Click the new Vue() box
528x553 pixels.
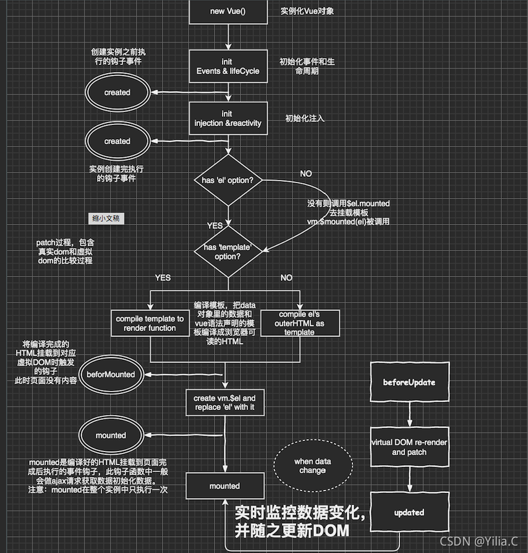pos(228,11)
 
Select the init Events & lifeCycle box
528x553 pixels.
pos(228,66)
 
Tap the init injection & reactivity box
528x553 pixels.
pos(228,118)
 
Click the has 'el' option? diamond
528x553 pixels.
pos(228,180)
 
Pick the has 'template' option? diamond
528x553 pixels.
pos(228,251)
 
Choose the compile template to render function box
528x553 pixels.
pos(150,324)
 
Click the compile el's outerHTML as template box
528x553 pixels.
pos(300,324)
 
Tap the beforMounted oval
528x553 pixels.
pos(111,374)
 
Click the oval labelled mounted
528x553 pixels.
pos(111,435)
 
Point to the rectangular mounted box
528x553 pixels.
pos(224,486)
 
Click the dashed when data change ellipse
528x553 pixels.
pos(312,466)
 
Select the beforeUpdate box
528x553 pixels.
pos(409,382)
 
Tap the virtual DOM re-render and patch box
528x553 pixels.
pos(409,447)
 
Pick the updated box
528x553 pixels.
pos(409,512)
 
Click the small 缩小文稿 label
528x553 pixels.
pos(106,218)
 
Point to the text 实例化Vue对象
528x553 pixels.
pos(307,11)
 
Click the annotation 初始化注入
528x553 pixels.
pos(304,118)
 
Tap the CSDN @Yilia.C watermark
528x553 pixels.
pos(479,541)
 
